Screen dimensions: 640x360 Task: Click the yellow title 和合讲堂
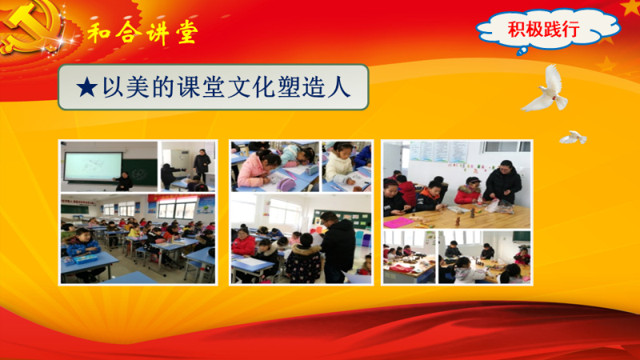pyautogui.click(x=143, y=32)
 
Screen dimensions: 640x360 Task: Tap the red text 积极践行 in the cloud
pyautogui.click(x=543, y=29)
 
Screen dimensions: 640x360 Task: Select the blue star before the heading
pyautogui.click(x=86, y=87)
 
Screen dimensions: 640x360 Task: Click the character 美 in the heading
pyautogui.click(x=138, y=87)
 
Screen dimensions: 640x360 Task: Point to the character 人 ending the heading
pyautogui.click(x=339, y=87)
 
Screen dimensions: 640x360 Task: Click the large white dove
pyautogui.click(x=546, y=90)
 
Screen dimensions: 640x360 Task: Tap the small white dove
pyautogui.click(x=573, y=138)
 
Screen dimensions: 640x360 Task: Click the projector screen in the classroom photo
pyautogui.click(x=93, y=166)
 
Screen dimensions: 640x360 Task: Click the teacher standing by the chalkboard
pyautogui.click(x=123, y=182)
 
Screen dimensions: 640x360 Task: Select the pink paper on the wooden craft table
pyautogui.click(x=398, y=222)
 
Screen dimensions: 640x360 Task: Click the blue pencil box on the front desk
pyautogui.click(x=85, y=258)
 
